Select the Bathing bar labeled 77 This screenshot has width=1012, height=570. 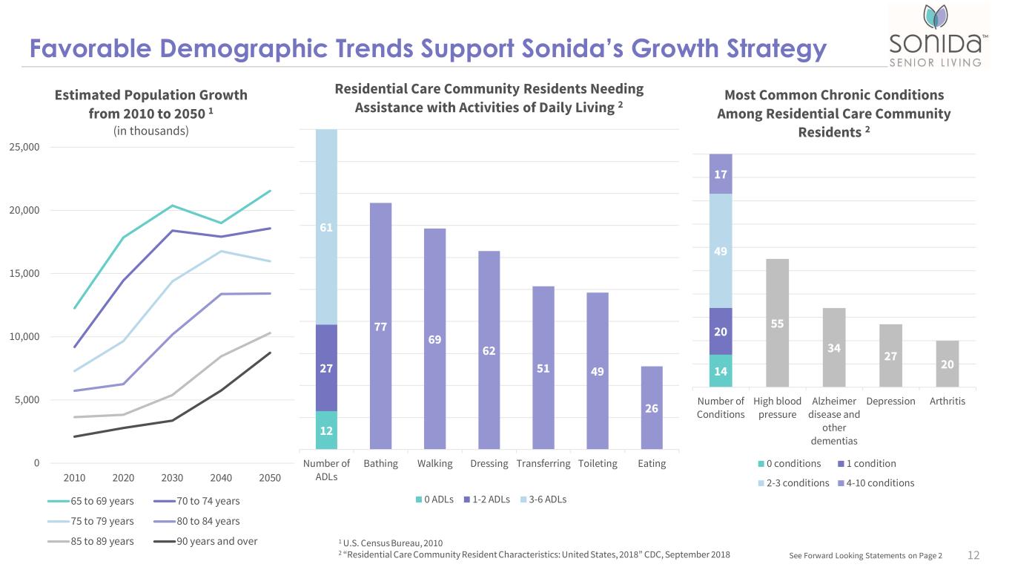click(x=380, y=326)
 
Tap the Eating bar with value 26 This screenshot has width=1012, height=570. click(x=652, y=407)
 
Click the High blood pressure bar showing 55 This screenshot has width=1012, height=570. click(x=777, y=323)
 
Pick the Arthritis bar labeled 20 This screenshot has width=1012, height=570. click(x=947, y=364)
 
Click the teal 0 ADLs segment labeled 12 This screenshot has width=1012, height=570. click(x=326, y=430)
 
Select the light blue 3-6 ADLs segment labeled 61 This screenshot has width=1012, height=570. click(x=326, y=226)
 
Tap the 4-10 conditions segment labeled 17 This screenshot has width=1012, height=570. click(x=721, y=174)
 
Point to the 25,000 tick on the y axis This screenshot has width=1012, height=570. click(x=24, y=147)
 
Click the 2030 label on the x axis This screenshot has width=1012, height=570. click(x=172, y=478)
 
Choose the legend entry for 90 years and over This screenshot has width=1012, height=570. click(x=205, y=541)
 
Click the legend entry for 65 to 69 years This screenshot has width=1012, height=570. click(x=90, y=501)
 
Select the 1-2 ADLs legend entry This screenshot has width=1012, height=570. click(x=486, y=499)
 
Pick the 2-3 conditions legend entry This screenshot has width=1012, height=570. click(x=793, y=482)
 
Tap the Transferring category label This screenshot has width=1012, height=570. click(x=543, y=463)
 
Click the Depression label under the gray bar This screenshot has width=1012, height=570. click(x=890, y=401)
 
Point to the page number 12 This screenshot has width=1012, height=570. click(x=973, y=555)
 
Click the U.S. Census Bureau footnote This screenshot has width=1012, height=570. click(x=390, y=543)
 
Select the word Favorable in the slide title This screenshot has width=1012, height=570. click(x=90, y=48)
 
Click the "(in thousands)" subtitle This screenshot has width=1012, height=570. click(x=151, y=131)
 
